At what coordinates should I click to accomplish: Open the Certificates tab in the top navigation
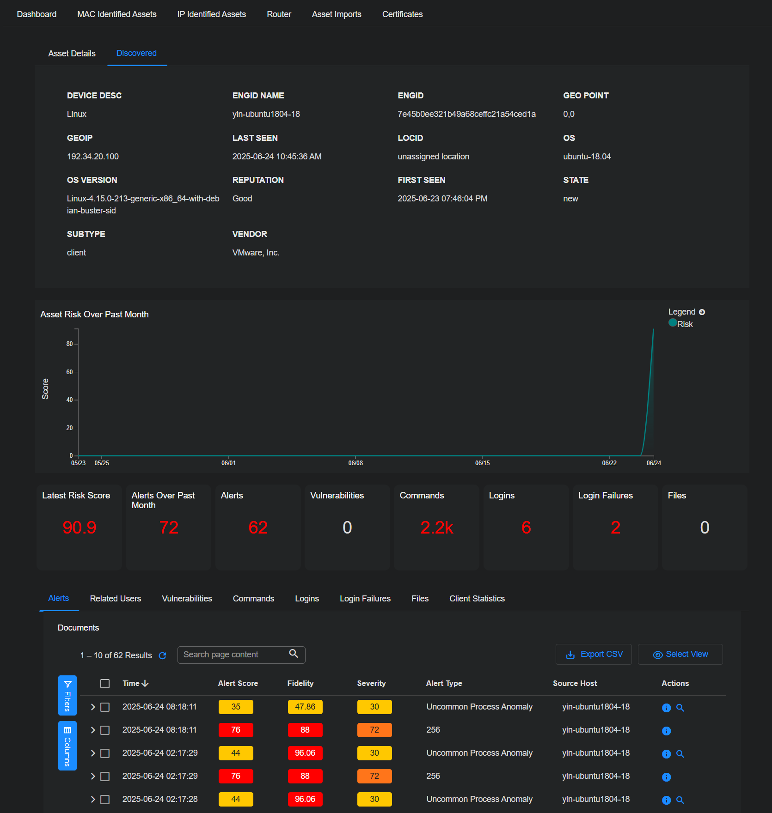(402, 14)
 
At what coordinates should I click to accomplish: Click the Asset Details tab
(72, 54)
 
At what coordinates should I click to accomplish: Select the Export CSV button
(594, 655)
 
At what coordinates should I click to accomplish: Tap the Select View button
(680, 655)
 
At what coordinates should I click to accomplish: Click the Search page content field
(233, 655)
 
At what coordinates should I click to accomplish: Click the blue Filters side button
(67, 695)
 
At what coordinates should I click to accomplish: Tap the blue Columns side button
(67, 746)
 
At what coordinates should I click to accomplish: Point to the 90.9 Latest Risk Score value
(80, 528)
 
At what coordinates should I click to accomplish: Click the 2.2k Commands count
(436, 528)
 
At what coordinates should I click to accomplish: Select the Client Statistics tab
(477, 599)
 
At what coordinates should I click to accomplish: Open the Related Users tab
(115, 599)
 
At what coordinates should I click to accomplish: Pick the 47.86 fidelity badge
(305, 707)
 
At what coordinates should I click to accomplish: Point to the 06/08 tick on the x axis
(355, 463)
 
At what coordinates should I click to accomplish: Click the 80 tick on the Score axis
(69, 344)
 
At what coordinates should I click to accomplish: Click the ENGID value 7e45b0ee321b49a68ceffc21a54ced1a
(466, 114)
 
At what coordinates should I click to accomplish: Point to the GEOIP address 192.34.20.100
(93, 157)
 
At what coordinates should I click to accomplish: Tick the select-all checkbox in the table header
(105, 684)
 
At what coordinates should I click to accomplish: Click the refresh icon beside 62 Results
(163, 655)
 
